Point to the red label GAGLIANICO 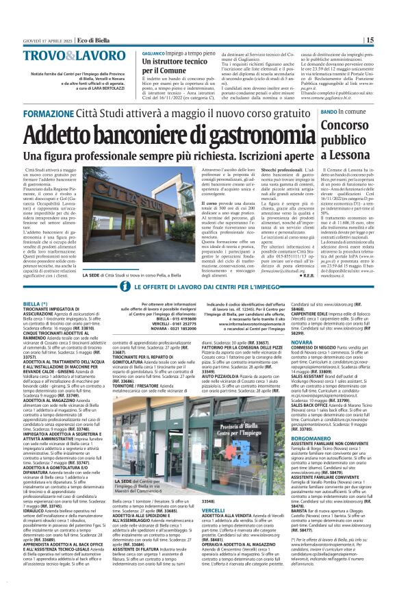point(153,53)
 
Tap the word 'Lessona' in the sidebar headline point(349,155)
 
